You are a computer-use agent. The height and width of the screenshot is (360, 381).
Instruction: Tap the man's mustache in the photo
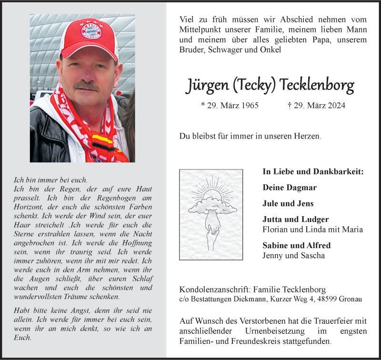[87, 86]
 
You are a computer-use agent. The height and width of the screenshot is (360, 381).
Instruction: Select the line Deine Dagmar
[290, 188]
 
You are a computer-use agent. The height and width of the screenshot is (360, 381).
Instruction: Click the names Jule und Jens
[288, 203]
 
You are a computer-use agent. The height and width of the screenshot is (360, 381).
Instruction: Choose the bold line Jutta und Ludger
[295, 220]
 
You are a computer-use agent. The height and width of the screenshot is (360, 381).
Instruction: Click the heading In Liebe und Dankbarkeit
[313, 171]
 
